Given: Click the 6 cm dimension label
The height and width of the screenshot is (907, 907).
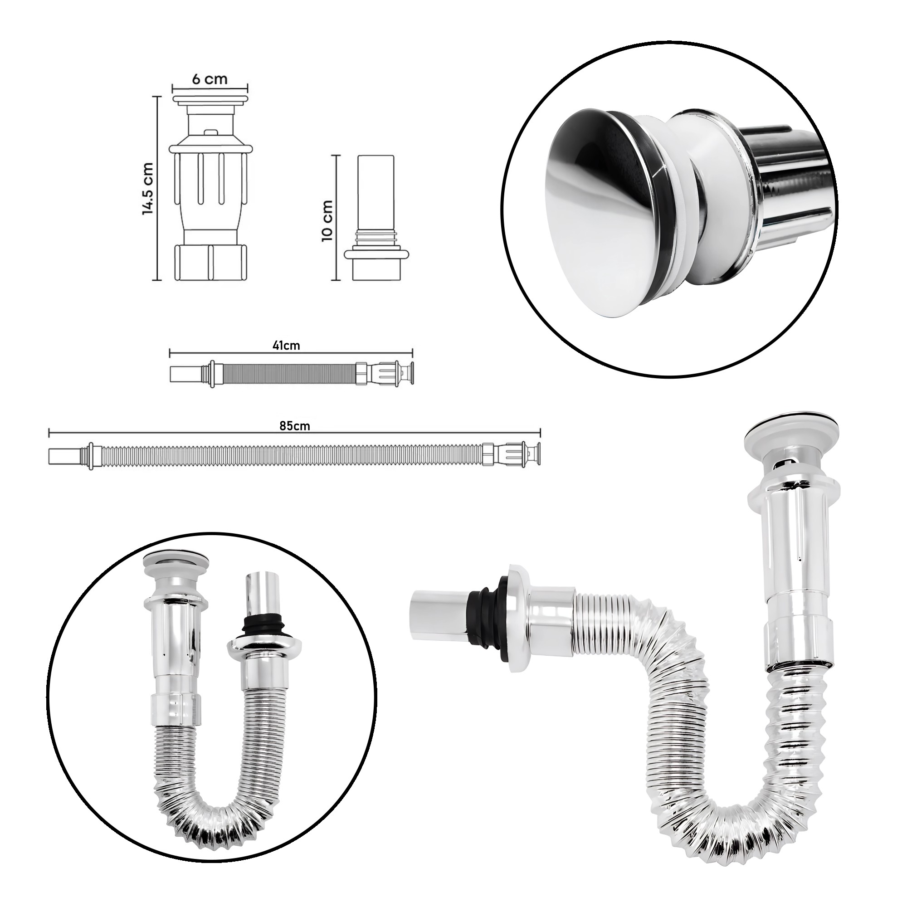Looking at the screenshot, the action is (210, 78).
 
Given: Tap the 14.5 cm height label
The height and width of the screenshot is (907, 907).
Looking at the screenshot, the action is (148, 188).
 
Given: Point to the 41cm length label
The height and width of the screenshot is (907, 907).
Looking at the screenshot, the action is (286, 346).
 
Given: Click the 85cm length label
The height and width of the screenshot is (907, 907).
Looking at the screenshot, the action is (295, 426).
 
